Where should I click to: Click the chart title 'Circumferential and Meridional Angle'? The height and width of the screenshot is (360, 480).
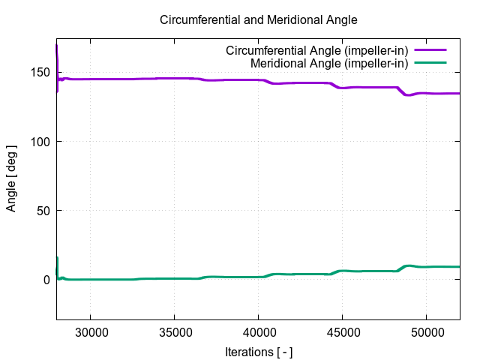click(259, 19)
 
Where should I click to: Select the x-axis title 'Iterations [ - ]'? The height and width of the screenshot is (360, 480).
click(259, 351)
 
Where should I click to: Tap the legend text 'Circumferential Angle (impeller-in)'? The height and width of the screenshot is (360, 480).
click(317, 51)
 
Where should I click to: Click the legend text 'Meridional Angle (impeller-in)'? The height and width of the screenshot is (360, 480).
click(329, 63)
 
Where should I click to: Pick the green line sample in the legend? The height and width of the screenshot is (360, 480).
click(430, 63)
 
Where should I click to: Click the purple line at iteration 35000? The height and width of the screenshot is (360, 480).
click(174, 79)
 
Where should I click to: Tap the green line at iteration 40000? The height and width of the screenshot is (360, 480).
click(258, 277)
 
